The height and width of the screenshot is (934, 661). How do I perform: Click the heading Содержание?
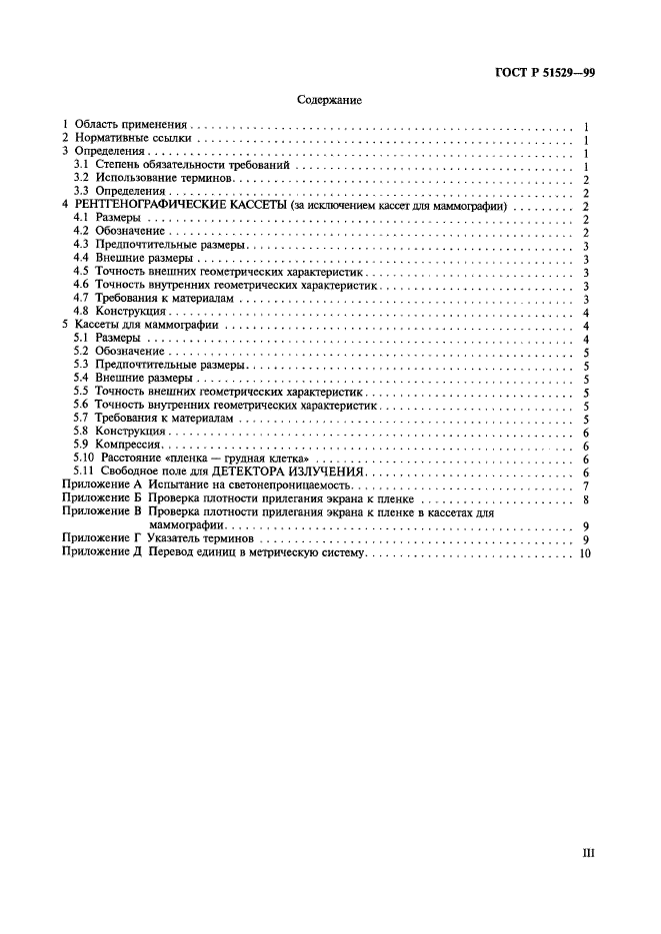click(x=329, y=101)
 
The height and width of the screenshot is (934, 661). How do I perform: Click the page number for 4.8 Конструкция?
click(x=584, y=312)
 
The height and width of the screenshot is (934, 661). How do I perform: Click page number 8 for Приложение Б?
click(x=584, y=498)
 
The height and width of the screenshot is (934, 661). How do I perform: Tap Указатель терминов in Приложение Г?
click(x=204, y=538)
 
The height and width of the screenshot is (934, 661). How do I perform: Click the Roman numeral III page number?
click(x=588, y=854)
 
